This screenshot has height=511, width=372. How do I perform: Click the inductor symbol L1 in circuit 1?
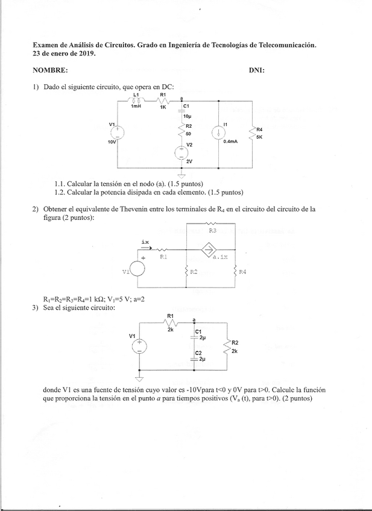tap(136, 100)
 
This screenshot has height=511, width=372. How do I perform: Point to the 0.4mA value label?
tap(230, 142)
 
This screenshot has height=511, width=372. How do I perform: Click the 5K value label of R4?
tap(259, 137)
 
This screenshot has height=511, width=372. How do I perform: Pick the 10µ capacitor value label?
tap(187, 116)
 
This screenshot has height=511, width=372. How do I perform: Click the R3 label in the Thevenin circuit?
tap(212, 230)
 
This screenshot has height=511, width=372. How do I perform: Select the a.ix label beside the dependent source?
tap(221, 257)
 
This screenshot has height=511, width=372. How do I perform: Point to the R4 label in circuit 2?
tap(242, 272)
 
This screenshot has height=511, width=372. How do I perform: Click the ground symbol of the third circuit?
tap(139, 378)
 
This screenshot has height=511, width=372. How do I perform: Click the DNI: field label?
tap(256, 71)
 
